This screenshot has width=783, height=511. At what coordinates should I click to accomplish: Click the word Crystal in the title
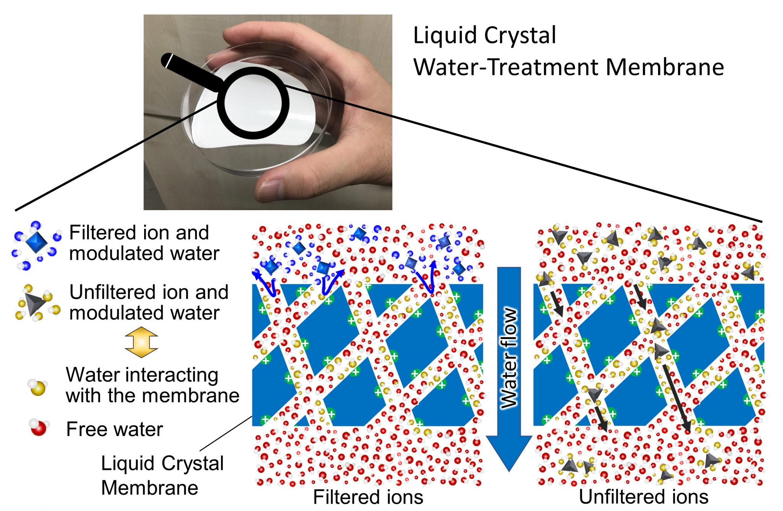coord(520,36)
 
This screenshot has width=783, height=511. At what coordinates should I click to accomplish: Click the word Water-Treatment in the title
coord(505,67)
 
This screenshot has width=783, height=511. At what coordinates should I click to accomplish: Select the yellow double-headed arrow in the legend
coord(141,342)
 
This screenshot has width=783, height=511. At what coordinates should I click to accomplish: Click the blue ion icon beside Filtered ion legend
coord(37,242)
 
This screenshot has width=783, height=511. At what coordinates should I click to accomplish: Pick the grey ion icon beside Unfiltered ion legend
coord(35,303)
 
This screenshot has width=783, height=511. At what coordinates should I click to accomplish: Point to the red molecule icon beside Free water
coord(39,428)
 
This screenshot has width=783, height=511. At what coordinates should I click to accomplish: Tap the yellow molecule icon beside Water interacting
coord(37,388)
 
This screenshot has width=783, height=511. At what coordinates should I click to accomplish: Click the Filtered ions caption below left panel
coord(368,497)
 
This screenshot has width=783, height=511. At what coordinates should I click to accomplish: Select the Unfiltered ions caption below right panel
coord(643,496)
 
